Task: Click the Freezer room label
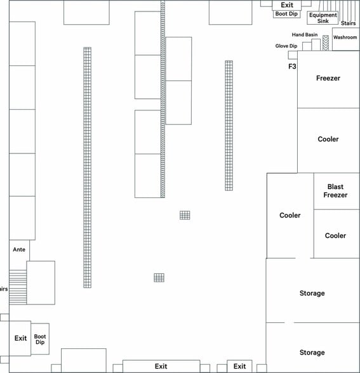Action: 328,78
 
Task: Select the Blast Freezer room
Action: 337,191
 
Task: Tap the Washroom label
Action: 345,37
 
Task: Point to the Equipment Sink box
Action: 323,18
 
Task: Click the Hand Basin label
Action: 305,35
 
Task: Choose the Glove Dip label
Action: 286,46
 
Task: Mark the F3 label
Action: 292,67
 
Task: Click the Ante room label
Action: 19,249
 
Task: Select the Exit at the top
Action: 287,5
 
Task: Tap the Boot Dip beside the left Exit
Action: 40,339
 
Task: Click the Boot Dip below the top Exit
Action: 286,14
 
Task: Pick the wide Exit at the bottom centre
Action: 161,366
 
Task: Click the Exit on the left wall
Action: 20,338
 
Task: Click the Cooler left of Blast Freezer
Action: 290,216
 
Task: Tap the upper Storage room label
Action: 312,293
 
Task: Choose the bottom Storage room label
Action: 312,353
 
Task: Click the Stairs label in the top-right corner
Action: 348,23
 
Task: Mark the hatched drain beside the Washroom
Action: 326,43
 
